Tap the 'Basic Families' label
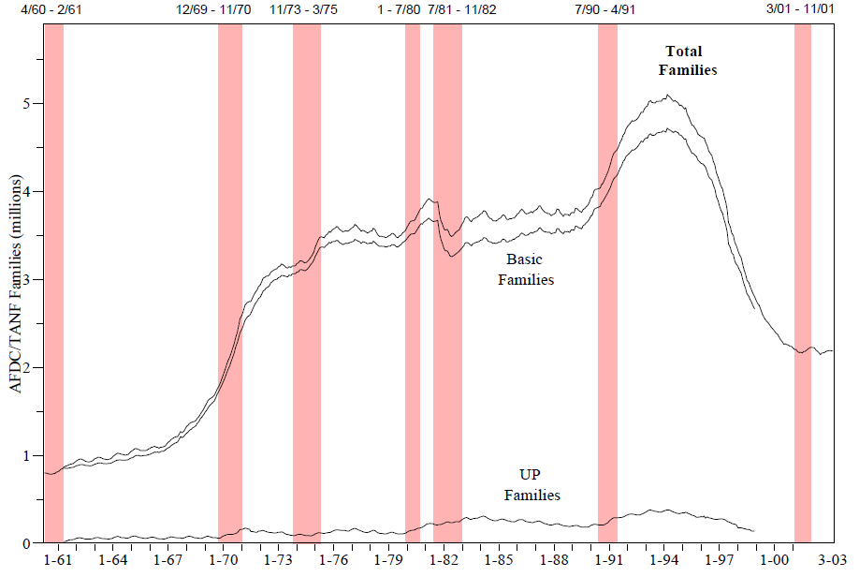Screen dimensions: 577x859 (525, 269)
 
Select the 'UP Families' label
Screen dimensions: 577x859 (531, 485)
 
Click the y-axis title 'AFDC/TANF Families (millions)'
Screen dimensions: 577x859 (16, 282)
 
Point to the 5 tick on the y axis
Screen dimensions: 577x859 (28, 103)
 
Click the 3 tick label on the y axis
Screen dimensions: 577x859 (28, 279)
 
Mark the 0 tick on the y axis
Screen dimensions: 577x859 (28, 543)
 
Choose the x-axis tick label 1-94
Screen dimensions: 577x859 (664, 560)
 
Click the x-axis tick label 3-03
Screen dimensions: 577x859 (833, 560)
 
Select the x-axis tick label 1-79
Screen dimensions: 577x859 (388, 560)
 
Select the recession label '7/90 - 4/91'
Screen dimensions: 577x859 (608, 9)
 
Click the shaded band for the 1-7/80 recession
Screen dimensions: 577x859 (413, 281)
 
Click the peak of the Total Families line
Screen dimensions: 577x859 (666, 95)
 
